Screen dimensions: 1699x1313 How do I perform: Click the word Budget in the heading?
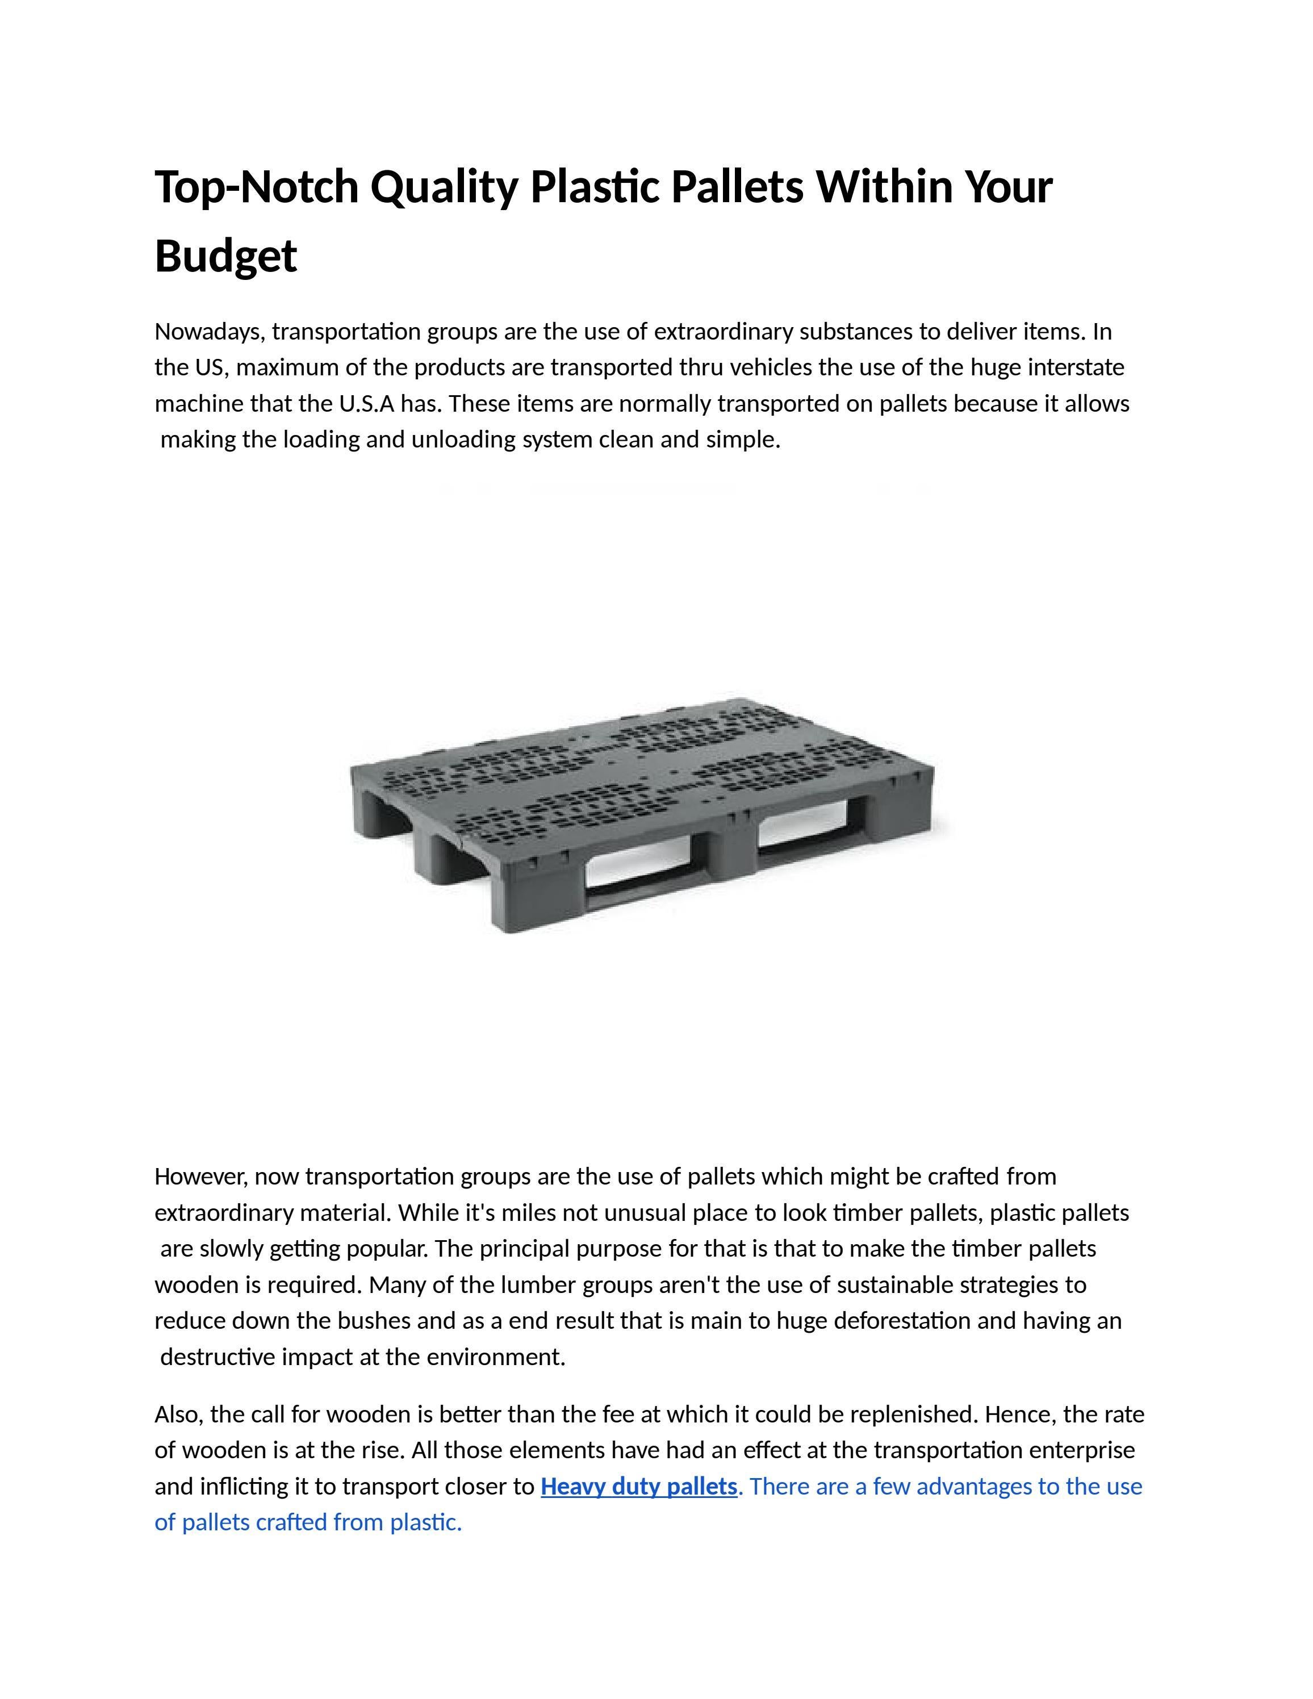[x=225, y=256]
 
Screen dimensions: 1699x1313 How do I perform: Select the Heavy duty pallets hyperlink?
[x=638, y=1486]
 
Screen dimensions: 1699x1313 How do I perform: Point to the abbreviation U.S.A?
[x=366, y=404]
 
